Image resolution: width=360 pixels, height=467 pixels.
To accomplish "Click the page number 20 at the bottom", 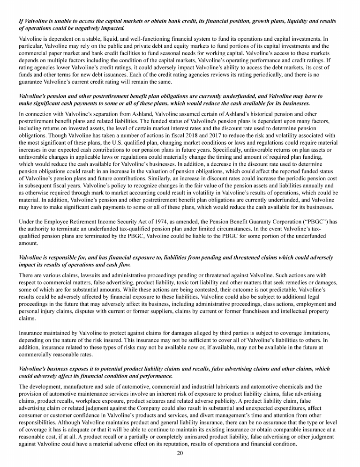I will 180,453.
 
